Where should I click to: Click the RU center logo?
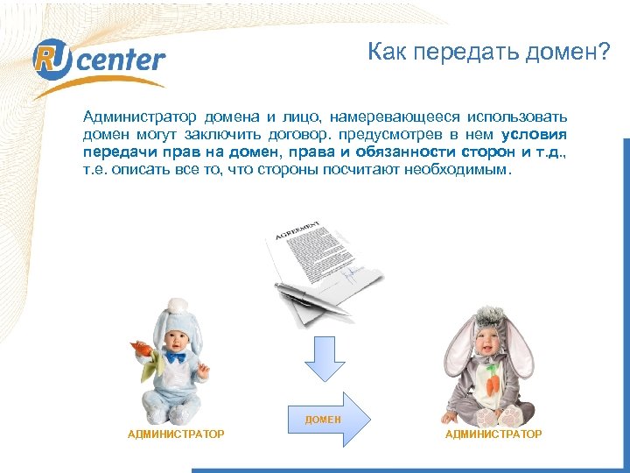98,61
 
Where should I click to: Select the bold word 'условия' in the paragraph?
535,134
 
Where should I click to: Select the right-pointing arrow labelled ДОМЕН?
325,420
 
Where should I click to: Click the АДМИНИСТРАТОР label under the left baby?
176,434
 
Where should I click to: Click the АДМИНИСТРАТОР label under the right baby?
493,434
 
